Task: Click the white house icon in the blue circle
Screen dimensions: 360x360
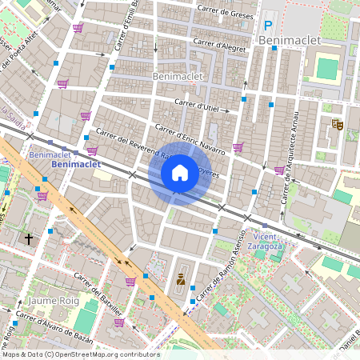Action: pos(180,172)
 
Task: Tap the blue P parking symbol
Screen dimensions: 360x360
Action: pos(268,25)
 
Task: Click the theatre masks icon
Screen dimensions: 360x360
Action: pos(337,124)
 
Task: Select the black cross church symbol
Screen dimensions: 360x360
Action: pos(29,238)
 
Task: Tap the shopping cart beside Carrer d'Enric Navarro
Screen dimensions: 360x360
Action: pos(238,146)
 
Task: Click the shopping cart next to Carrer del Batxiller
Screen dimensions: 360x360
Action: pos(130,282)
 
